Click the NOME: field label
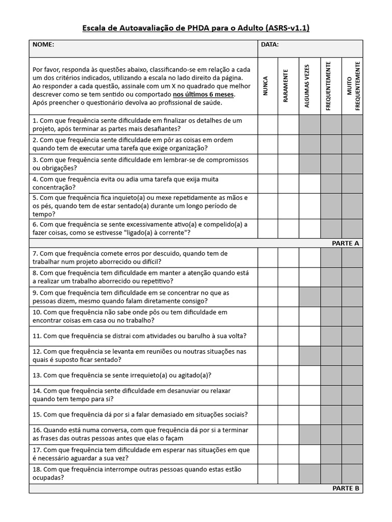click(x=43, y=45)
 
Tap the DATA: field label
click(x=269, y=45)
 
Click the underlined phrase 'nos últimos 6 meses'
click(x=203, y=94)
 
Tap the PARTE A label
click(x=346, y=243)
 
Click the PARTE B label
click(x=346, y=488)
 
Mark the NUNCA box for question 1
click(x=268, y=125)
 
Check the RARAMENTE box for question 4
click(x=288, y=184)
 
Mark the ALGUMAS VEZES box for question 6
click(x=310, y=229)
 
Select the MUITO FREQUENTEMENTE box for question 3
click(x=352, y=164)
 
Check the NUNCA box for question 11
click(x=268, y=336)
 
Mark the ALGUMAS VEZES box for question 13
click(x=310, y=376)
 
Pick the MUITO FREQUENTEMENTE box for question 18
click(x=352, y=474)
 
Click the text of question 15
click(x=140, y=414)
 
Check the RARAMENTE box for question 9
click(x=288, y=297)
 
